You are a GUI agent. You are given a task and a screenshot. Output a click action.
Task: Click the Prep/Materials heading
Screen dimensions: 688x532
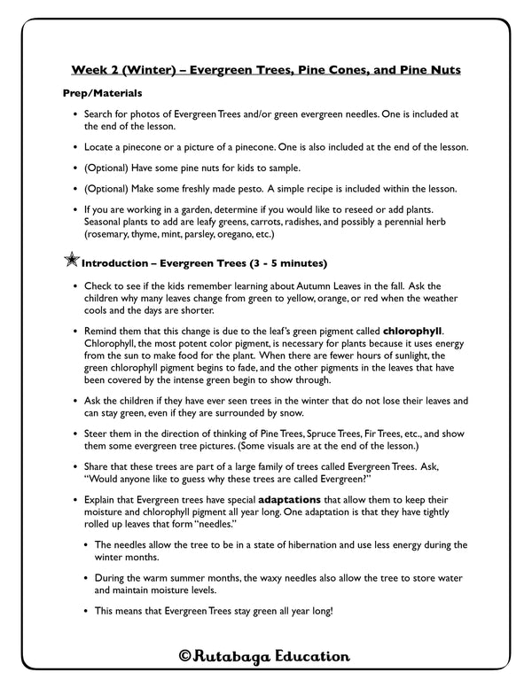coord(103,93)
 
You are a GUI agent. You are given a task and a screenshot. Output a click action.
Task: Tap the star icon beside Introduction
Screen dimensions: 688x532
coord(70,262)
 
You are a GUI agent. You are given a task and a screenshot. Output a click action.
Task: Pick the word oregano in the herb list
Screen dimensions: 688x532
coord(239,236)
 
